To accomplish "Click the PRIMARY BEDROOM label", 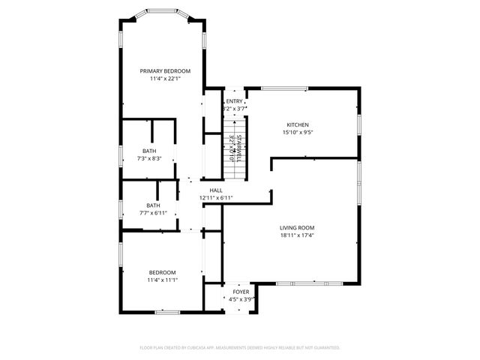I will (165, 70).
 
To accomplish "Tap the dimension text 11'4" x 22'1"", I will (165, 78).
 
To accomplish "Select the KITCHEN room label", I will (298, 124).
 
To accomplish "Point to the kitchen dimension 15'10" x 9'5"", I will (298, 133).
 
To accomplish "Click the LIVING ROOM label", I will (297, 227).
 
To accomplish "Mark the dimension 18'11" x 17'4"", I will (297, 235).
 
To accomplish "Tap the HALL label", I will (216, 190).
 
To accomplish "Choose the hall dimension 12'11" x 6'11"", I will (216, 198).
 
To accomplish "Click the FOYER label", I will (241, 291).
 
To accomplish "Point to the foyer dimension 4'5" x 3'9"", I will (241, 298).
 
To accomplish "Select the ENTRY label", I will (235, 101).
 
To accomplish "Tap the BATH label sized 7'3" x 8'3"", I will (150, 151).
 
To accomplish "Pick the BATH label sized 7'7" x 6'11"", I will (153, 205).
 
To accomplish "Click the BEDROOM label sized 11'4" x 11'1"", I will (162, 272).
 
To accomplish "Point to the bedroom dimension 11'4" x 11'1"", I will (162, 280).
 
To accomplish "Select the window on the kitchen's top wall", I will (284, 88).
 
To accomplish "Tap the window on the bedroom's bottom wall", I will (166, 311).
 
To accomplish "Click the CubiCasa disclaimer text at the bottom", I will (240, 348).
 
